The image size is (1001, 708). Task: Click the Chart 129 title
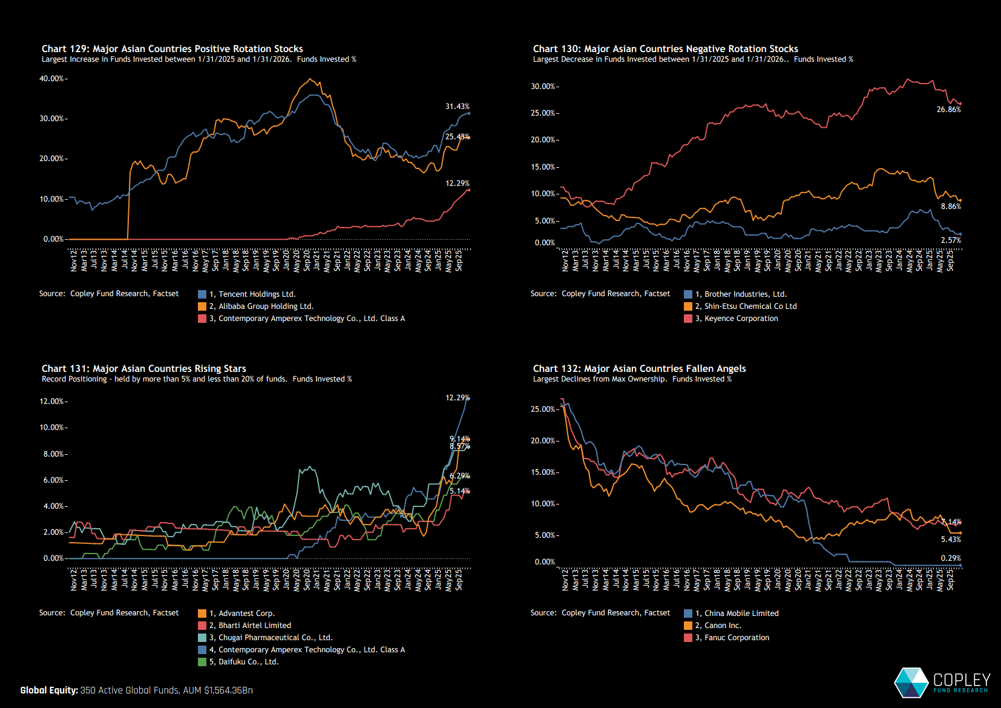pyautogui.click(x=172, y=49)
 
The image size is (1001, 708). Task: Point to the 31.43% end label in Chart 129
pyautogui.click(x=457, y=107)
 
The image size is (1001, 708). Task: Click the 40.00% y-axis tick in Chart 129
pyautogui.click(x=52, y=79)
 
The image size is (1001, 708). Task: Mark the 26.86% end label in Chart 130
pyautogui.click(x=948, y=110)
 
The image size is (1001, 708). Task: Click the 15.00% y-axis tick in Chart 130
pyautogui.click(x=543, y=167)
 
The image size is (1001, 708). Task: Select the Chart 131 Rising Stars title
pyautogui.click(x=143, y=369)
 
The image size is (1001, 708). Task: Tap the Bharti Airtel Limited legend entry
pyautogui.click(x=254, y=626)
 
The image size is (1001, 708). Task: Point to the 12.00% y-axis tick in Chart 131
pyautogui.click(x=52, y=402)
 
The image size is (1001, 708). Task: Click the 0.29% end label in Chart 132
pyautogui.click(x=951, y=558)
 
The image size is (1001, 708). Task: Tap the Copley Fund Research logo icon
pyautogui.click(x=911, y=683)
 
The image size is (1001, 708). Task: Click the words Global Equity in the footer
pyautogui.click(x=49, y=690)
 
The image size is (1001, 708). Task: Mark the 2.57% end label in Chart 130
pyautogui.click(x=951, y=240)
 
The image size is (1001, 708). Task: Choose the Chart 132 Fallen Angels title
pyautogui.click(x=639, y=369)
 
